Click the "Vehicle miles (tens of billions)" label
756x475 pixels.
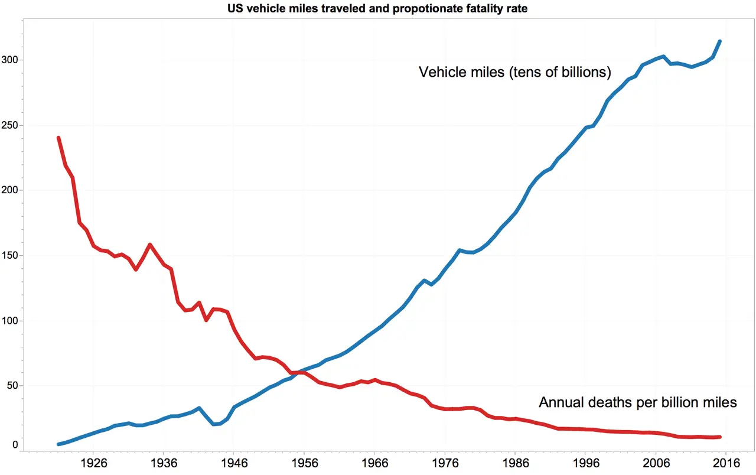point(514,72)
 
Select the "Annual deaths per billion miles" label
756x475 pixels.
point(638,402)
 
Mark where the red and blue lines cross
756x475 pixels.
point(299,372)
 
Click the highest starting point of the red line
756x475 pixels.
point(58,138)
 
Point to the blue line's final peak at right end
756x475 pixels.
point(719,41)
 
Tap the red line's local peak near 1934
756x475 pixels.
point(150,244)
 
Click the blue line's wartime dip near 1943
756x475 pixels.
point(213,424)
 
